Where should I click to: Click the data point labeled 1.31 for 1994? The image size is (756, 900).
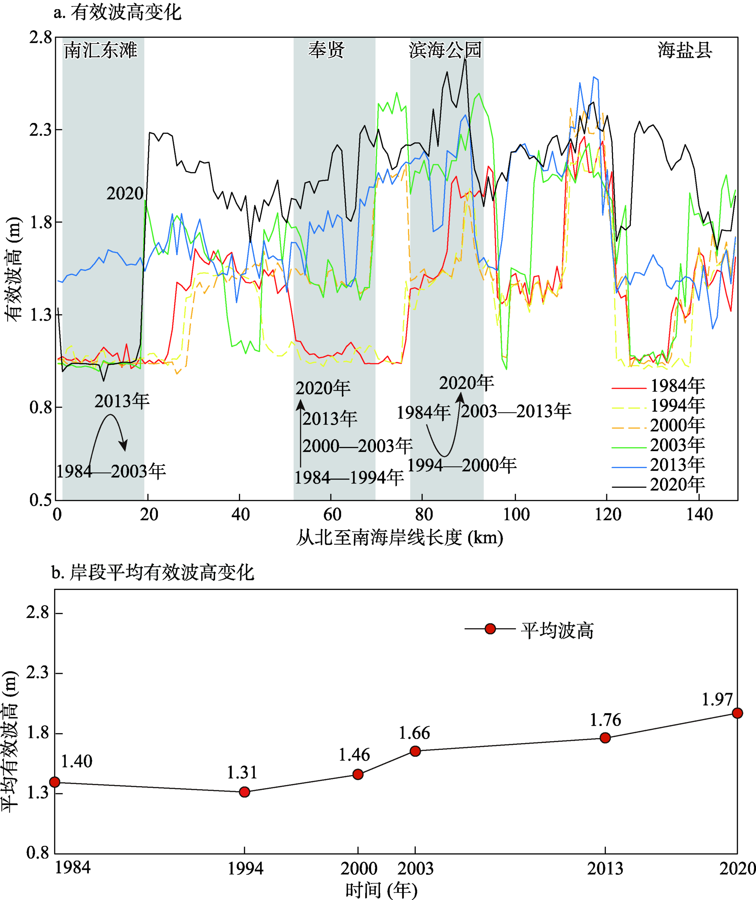coord(244,791)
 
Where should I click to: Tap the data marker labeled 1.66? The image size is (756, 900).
coord(415,751)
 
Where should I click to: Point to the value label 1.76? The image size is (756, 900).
coord(605,720)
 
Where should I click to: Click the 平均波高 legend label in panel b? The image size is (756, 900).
coord(557,631)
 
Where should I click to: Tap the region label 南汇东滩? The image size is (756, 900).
coord(101,51)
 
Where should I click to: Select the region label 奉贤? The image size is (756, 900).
coord(327,50)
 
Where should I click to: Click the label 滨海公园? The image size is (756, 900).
coord(445,50)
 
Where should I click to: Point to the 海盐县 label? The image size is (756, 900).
coord(685,50)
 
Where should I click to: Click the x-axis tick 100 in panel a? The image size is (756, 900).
coord(516,514)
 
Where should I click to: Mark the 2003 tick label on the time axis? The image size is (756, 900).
coord(415,868)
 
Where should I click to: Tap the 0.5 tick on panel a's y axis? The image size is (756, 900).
coord(40,500)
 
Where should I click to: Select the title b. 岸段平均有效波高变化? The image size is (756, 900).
coord(153,573)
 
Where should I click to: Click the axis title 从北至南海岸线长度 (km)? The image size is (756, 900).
coord(400,537)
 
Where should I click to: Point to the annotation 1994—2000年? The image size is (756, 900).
coord(462,465)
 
